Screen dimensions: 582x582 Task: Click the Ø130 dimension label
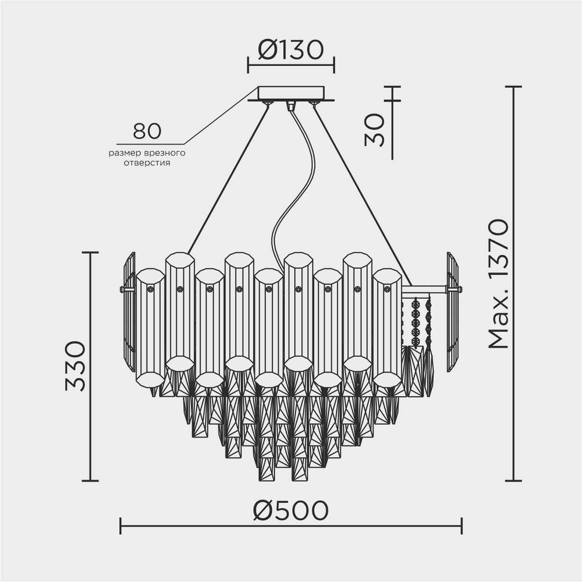point(290,51)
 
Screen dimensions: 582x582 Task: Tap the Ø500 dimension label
point(290,510)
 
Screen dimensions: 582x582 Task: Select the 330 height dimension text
point(75,366)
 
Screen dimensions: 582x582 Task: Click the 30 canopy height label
point(375,129)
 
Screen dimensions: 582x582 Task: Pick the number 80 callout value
point(147,132)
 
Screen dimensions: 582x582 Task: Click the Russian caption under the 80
point(147,158)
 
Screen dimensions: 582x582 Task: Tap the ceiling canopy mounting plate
point(290,93)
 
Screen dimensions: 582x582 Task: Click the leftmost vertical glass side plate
point(129,311)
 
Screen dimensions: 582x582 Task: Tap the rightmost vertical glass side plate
point(452,311)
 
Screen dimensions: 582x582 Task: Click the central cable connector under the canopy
point(290,106)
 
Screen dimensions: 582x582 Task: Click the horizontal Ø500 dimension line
point(290,526)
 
